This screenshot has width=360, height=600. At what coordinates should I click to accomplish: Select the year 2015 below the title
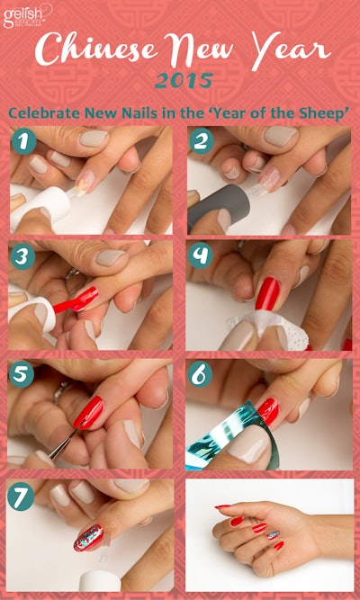click(x=184, y=83)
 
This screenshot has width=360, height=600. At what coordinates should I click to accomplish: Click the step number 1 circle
click(x=23, y=141)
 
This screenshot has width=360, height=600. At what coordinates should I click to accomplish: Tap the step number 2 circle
click(x=201, y=141)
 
